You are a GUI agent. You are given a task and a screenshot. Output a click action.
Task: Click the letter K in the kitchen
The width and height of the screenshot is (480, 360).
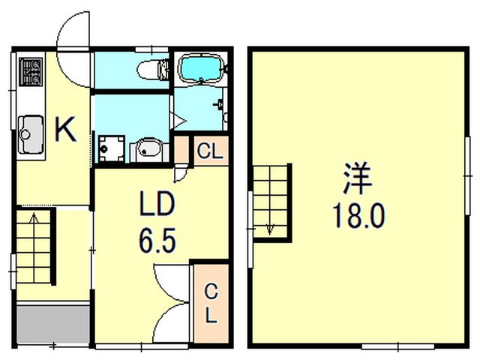pyautogui.click(x=65, y=132)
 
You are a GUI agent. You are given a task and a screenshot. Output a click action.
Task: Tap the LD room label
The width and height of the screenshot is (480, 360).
pyautogui.click(x=157, y=204)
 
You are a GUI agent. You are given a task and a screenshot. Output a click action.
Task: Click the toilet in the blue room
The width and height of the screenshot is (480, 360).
pyautogui.click(x=151, y=70)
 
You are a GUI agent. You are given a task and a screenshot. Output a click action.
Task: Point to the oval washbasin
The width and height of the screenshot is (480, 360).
pyautogui.click(x=146, y=150)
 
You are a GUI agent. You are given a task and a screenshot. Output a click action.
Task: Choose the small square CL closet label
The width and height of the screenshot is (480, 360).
pyautogui.click(x=209, y=151)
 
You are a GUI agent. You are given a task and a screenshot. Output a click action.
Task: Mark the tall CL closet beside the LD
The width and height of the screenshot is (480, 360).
pyautogui.click(x=211, y=301)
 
